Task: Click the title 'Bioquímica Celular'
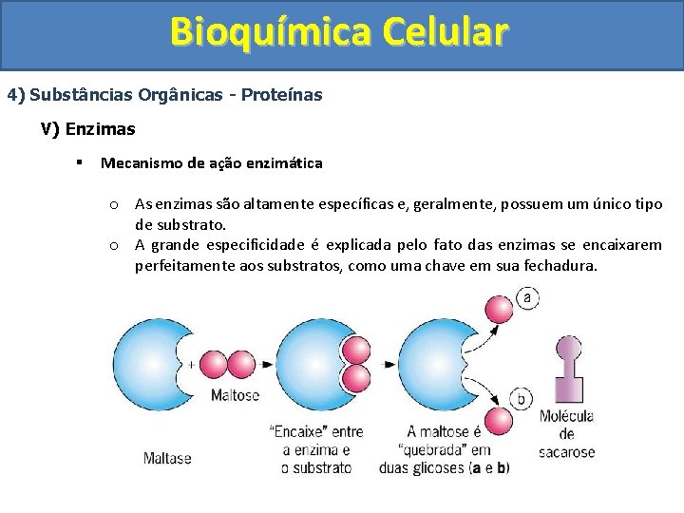click(x=340, y=31)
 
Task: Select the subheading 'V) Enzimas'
click(x=87, y=128)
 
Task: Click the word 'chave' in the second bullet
click(x=456, y=266)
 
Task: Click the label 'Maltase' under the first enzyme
click(x=167, y=458)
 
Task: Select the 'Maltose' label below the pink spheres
click(x=235, y=395)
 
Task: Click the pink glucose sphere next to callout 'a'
click(x=498, y=309)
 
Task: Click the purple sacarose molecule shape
click(x=567, y=380)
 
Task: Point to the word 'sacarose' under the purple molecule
click(x=567, y=452)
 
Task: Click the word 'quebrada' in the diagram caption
click(x=430, y=449)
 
